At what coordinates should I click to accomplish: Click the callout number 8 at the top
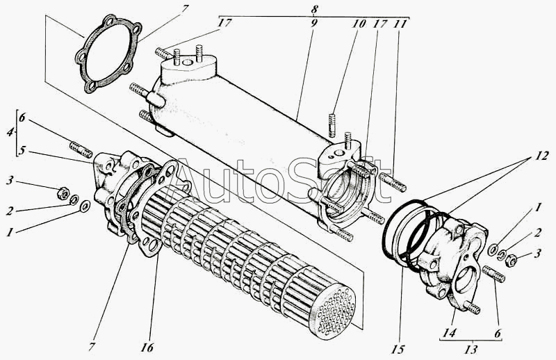point(314,10)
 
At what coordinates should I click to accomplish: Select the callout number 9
point(314,24)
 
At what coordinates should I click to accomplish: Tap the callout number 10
point(359,24)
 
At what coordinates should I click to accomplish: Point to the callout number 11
point(400,24)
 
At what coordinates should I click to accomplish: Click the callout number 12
point(542,156)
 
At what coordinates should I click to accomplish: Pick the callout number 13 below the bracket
point(471,350)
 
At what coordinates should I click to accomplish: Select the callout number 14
point(449,333)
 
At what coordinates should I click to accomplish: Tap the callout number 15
point(398,350)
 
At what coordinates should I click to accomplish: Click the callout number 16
point(147,347)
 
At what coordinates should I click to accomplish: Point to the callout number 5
point(22,151)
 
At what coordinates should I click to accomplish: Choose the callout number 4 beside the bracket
point(10,132)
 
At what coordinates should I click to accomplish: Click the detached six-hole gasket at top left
point(108,54)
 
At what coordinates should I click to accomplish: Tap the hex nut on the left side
point(63,193)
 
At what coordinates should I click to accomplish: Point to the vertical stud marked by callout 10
point(332,125)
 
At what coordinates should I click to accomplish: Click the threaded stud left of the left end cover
point(81,149)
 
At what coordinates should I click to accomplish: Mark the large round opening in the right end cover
point(466,279)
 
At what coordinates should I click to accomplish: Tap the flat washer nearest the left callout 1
point(85,206)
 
